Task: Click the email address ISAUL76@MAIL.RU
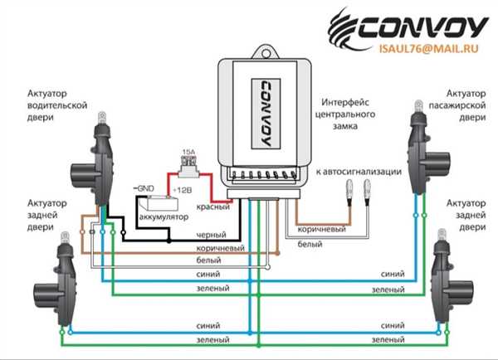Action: point(428,49)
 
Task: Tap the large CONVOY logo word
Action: point(422,27)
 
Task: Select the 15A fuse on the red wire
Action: point(188,170)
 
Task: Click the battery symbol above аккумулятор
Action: point(160,203)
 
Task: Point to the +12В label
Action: point(183,190)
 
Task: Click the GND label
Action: point(144,188)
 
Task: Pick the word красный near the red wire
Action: point(212,207)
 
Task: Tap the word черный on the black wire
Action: point(211,235)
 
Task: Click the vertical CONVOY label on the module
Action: point(266,114)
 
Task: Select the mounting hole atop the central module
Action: point(266,53)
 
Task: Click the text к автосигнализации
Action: point(359,172)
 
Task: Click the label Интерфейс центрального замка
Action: point(345,114)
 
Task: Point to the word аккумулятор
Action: point(164,217)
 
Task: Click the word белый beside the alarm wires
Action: point(310,244)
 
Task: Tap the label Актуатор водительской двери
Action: point(57,105)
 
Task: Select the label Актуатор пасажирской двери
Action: point(457,105)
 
